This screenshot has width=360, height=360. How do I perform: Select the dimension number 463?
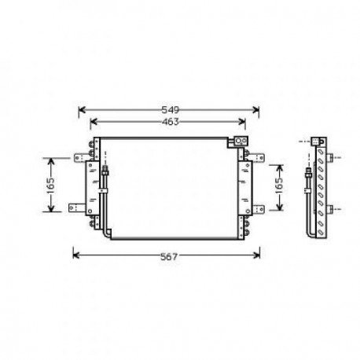(170, 121)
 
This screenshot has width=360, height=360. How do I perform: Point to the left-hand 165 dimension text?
(50, 185)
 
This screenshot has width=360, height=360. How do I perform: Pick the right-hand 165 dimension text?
(277, 186)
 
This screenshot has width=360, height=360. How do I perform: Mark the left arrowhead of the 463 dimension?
(94, 121)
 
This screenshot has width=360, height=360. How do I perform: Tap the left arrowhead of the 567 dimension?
(75, 254)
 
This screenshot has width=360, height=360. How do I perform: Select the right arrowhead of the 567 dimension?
(258, 254)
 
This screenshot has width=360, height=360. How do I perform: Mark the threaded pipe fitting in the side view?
(308, 174)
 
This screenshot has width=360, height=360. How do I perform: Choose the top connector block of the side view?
(318, 141)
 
